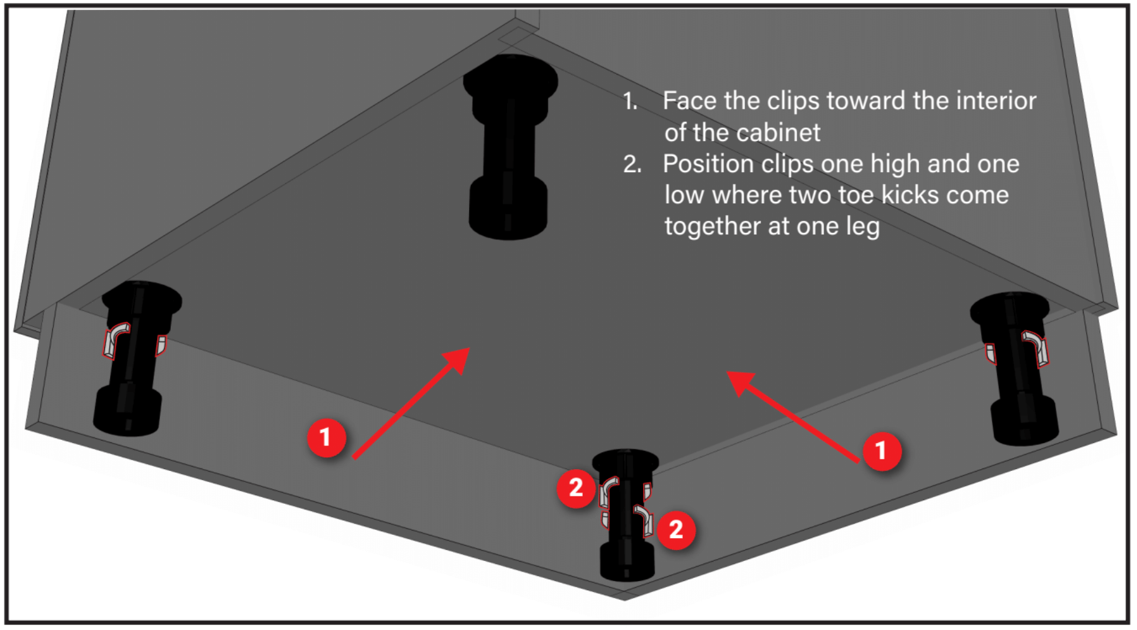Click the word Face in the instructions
point(690,101)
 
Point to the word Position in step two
point(706,164)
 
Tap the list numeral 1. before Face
point(631,101)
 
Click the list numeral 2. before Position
point(632,164)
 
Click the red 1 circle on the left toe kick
point(327,437)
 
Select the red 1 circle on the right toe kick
point(881,450)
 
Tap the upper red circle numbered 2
point(576,488)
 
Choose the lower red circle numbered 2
point(676,530)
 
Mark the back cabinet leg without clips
point(509,147)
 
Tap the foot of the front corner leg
point(627,561)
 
